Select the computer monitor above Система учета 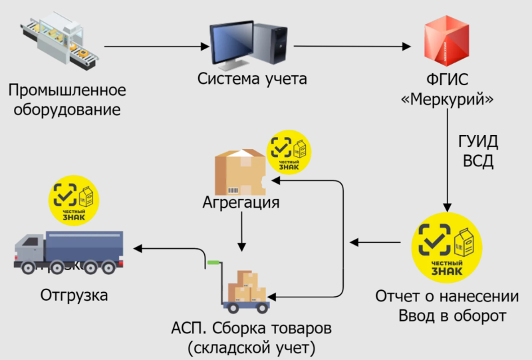click(x=232, y=44)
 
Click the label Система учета click(x=252, y=79)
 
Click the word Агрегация click(x=241, y=201)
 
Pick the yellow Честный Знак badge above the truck click(x=75, y=198)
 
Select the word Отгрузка click(x=74, y=295)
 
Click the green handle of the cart click(x=213, y=263)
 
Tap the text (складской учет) click(x=251, y=347)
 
